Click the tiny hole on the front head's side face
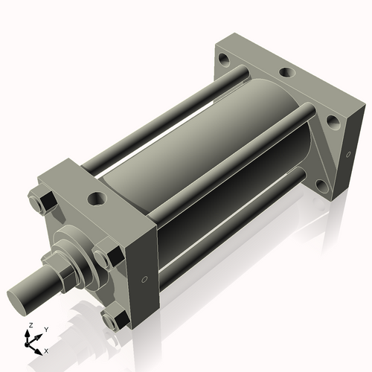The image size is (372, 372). (x=145, y=280)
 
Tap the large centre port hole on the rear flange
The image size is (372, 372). (x=285, y=74)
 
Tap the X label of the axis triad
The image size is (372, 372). (x=46, y=350)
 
